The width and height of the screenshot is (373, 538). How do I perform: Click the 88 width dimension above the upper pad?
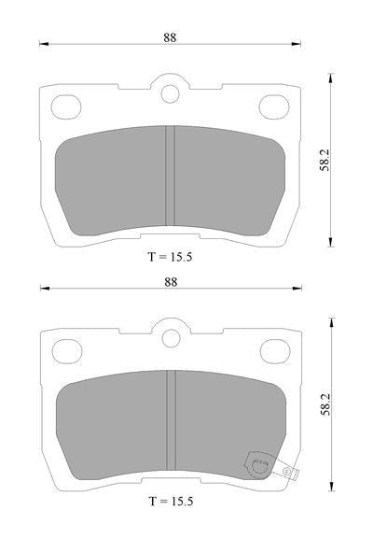click(170, 37)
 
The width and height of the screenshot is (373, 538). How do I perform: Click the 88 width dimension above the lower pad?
click(171, 282)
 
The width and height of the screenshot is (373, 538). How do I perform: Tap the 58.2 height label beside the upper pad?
click(325, 161)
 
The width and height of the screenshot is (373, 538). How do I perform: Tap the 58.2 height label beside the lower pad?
click(325, 404)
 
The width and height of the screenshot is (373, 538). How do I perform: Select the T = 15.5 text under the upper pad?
click(171, 257)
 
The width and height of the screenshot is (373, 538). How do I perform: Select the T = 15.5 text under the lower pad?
click(172, 502)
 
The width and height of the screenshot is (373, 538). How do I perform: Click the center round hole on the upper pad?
click(171, 93)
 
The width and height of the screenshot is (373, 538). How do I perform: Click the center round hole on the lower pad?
click(172, 338)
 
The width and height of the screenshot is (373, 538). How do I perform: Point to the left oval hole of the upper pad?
click(66, 107)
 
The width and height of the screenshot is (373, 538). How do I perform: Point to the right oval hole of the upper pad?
click(274, 107)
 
